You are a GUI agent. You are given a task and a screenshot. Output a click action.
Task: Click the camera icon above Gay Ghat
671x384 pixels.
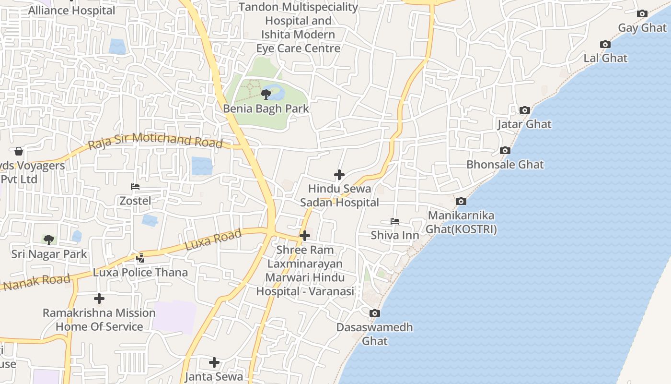coord(642,14)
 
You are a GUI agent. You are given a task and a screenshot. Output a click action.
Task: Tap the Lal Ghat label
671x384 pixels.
coord(605,58)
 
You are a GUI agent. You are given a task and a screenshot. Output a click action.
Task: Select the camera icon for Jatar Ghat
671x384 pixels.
coord(525,110)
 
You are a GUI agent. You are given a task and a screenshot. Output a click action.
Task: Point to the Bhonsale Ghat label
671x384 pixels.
coord(505,165)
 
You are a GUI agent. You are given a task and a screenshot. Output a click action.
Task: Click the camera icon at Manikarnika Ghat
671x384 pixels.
coord(461,202)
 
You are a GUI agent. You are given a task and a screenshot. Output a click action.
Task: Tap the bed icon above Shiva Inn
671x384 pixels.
coord(395,221)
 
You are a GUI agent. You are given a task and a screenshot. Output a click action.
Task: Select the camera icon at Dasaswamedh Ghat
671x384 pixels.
coord(375,313)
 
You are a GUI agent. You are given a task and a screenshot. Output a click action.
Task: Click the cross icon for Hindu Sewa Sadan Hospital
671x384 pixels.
coord(339,175)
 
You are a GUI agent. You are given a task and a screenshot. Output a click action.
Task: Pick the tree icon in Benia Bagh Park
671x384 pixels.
coord(266,94)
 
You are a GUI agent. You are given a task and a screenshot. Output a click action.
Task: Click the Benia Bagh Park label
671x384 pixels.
coord(266,108)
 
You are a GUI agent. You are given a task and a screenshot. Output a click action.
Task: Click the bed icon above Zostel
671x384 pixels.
coord(135,187)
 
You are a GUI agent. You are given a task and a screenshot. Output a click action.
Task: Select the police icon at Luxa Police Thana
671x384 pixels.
coord(140,258)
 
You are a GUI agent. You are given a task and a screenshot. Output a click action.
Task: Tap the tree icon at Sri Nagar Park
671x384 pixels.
coord(48,240)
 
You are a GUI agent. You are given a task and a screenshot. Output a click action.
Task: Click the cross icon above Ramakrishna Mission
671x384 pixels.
coord(99,299)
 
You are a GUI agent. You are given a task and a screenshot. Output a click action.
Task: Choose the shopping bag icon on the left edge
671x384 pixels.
coord(19,152)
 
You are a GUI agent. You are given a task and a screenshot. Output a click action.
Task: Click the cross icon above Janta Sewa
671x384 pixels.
coord(214,362)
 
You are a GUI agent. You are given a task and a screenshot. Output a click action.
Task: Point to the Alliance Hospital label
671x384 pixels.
coord(72,11)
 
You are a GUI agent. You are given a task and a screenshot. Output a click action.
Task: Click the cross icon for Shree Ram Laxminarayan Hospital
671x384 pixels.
coord(304,236)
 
